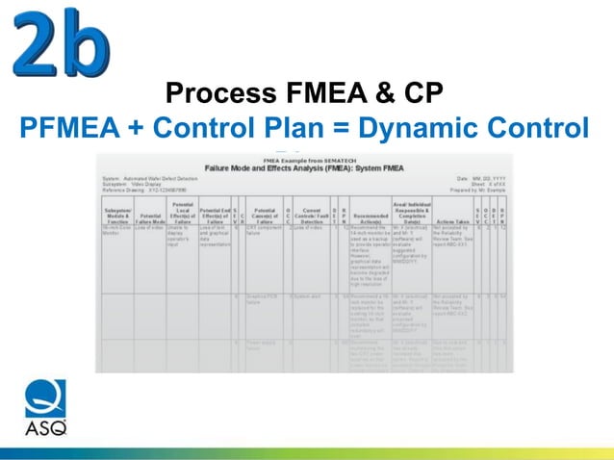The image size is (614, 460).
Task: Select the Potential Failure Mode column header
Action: (x=152, y=217)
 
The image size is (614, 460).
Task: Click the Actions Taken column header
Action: (x=453, y=217)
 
